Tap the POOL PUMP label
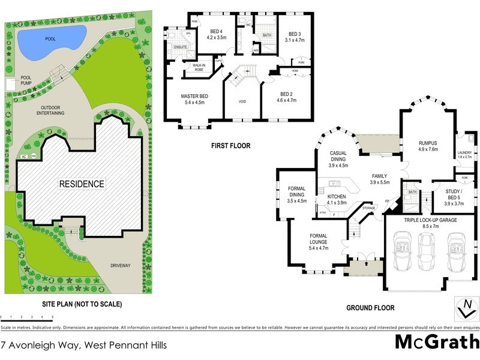(x=26, y=80)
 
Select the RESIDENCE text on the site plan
(x=81, y=184)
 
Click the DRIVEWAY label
(x=120, y=265)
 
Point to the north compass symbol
(x=464, y=308)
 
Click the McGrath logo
(x=436, y=343)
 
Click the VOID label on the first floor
(x=242, y=101)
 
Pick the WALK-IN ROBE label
(x=196, y=67)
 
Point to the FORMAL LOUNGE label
(x=318, y=239)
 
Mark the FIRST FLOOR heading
(x=230, y=146)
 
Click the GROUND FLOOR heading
(x=370, y=308)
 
